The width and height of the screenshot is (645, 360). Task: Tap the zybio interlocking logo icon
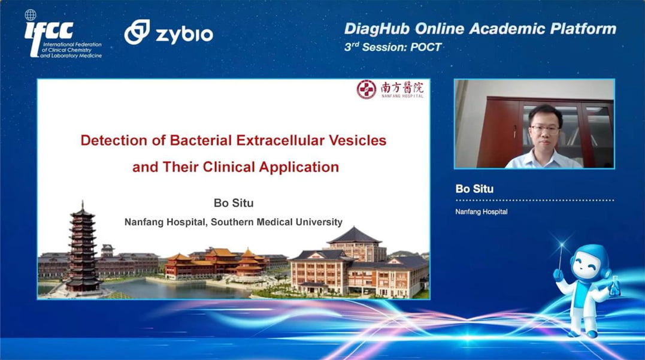click(137, 32)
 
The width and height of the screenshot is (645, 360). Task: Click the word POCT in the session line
click(426, 47)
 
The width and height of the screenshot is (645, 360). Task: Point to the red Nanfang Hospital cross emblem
click(366, 89)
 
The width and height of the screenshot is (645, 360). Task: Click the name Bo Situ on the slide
click(234, 203)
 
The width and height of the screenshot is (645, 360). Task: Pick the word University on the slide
click(320, 222)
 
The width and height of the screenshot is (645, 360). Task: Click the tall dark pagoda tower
click(82, 247)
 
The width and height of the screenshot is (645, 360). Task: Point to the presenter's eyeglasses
click(544, 129)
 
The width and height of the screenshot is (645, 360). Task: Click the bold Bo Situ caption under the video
click(474, 189)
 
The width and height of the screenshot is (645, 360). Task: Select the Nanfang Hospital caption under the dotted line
click(482, 212)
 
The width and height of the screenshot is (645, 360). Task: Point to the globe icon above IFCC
click(30, 15)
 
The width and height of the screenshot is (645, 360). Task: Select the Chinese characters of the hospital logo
click(401, 87)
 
